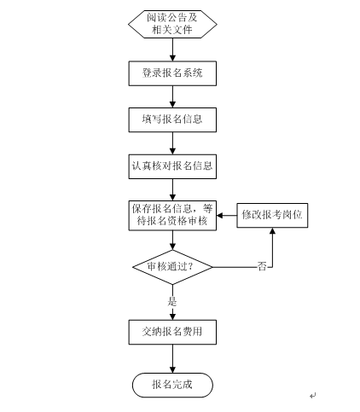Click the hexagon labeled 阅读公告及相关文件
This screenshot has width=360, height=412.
coord(172,24)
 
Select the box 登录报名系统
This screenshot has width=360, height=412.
coord(172,73)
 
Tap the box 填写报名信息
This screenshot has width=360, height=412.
coord(172,119)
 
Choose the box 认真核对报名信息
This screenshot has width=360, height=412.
coord(172,166)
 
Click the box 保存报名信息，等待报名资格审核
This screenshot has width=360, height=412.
coord(172,216)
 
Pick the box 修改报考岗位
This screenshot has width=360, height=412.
coord(272,215)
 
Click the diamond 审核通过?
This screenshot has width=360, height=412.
coord(172,267)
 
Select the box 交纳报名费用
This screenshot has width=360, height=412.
coord(172,332)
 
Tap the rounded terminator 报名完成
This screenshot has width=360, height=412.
coord(172,385)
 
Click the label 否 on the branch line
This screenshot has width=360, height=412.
coord(262,267)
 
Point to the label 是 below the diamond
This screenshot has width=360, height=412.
coord(172,301)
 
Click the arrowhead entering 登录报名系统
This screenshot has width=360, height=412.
coord(172,58)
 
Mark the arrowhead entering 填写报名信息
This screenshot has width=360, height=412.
coord(172,104)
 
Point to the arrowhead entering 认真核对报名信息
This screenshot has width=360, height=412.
coord(172,151)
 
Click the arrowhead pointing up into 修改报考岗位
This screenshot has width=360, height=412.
coord(272,231)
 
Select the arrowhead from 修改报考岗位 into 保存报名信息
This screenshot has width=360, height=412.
coord(220,215)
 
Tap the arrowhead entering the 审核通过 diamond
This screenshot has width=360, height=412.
coord(172,247)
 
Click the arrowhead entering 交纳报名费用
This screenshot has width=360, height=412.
coord(172,316)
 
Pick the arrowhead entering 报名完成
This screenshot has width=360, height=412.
coord(172,369)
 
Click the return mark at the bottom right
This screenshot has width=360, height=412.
coord(313,395)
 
